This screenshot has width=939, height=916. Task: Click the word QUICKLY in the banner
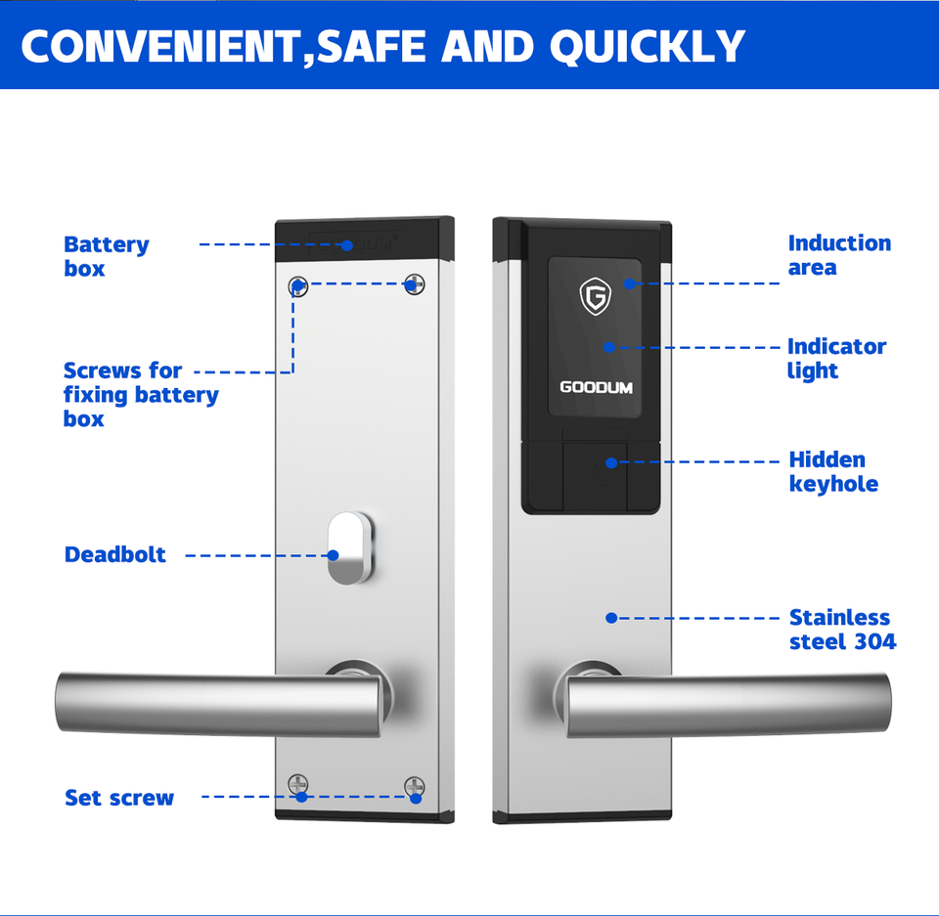tap(647, 46)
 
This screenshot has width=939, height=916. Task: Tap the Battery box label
tap(106, 256)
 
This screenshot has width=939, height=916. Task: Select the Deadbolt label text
tap(114, 555)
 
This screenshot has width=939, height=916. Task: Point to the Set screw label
tap(118, 798)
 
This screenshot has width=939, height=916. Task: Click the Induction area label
tap(839, 255)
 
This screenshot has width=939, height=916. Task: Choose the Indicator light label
tap(836, 358)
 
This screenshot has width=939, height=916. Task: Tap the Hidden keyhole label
tap(833, 471)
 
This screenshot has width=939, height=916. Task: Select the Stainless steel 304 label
tap(841, 630)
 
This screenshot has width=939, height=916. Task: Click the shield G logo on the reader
tap(595, 296)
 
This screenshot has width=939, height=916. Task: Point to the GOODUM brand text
tap(596, 387)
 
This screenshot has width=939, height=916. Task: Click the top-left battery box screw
tap(299, 286)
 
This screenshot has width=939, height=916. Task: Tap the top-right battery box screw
tap(415, 284)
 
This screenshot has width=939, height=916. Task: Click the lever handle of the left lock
tap(215, 705)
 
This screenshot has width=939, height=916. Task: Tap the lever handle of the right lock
tap(729, 705)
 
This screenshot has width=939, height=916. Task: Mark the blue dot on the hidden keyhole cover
tap(611, 461)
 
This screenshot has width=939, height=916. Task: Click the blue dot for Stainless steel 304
tap(611, 618)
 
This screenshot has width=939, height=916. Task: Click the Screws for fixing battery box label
tap(140, 395)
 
